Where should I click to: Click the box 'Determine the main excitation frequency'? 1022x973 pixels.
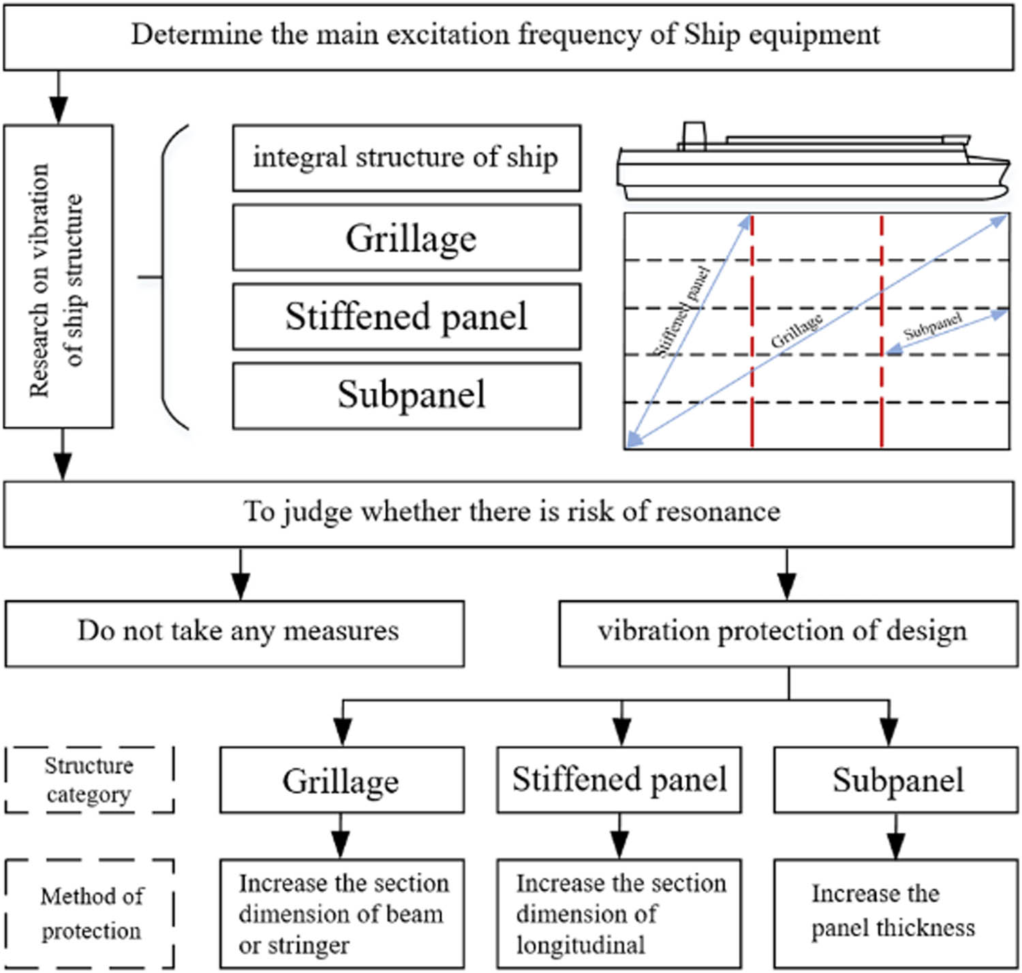click(x=508, y=35)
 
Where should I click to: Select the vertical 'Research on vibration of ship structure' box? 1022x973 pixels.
click(x=59, y=277)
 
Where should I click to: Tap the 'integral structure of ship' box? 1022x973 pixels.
click(x=406, y=157)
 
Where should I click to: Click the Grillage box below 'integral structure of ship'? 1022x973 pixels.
click(x=406, y=238)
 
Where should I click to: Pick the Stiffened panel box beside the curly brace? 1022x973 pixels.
click(x=406, y=317)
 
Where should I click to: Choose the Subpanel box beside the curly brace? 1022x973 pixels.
click(x=406, y=395)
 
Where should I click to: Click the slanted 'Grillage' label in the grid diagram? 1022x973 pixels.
click(x=796, y=331)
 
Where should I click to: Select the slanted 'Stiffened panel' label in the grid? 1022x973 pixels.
click(x=681, y=312)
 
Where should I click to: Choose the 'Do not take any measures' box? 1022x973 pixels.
click(x=235, y=633)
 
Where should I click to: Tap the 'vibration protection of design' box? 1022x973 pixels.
click(x=788, y=633)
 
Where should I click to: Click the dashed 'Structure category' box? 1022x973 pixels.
click(x=89, y=779)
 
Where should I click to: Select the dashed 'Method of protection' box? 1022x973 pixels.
click(x=89, y=913)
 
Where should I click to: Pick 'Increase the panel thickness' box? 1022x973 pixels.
click(x=895, y=913)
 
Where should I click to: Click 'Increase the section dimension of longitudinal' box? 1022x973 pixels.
click(x=619, y=913)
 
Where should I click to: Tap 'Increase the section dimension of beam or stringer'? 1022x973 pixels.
click(x=341, y=913)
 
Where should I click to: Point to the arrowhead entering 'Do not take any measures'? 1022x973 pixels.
click(x=241, y=589)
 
